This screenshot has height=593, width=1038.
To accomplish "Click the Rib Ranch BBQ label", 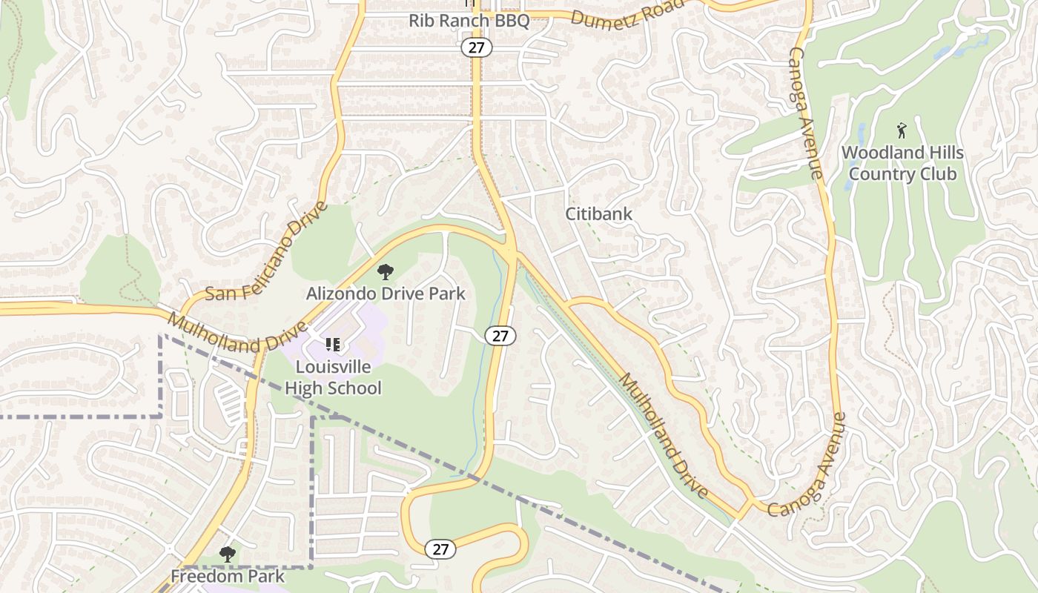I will (x=469, y=20).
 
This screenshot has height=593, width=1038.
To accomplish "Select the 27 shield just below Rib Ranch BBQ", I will (x=476, y=47).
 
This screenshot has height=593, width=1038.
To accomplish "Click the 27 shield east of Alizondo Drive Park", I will (x=500, y=335).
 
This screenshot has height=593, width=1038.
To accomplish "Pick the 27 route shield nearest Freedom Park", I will (x=440, y=549).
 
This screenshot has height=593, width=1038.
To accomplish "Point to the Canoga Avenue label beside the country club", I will (x=805, y=113).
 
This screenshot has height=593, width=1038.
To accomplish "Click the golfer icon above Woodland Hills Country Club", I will (x=902, y=131).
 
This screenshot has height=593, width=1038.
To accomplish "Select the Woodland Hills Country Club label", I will (x=902, y=164).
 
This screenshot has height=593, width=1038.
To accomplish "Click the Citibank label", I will (x=599, y=214).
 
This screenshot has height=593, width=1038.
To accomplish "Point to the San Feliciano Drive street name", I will (x=265, y=252).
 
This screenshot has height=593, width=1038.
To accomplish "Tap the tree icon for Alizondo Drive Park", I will (x=386, y=272).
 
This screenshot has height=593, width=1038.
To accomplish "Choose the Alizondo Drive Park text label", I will (x=386, y=294).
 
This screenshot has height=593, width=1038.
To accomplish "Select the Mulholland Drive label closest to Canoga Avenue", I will (x=664, y=435).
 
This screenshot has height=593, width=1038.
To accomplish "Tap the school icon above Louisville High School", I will (x=333, y=345).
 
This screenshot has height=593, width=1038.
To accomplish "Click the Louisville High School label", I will (x=333, y=377).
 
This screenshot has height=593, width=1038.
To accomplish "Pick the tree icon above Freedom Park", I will (x=228, y=554).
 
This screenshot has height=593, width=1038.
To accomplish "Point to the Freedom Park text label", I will (x=228, y=576).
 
